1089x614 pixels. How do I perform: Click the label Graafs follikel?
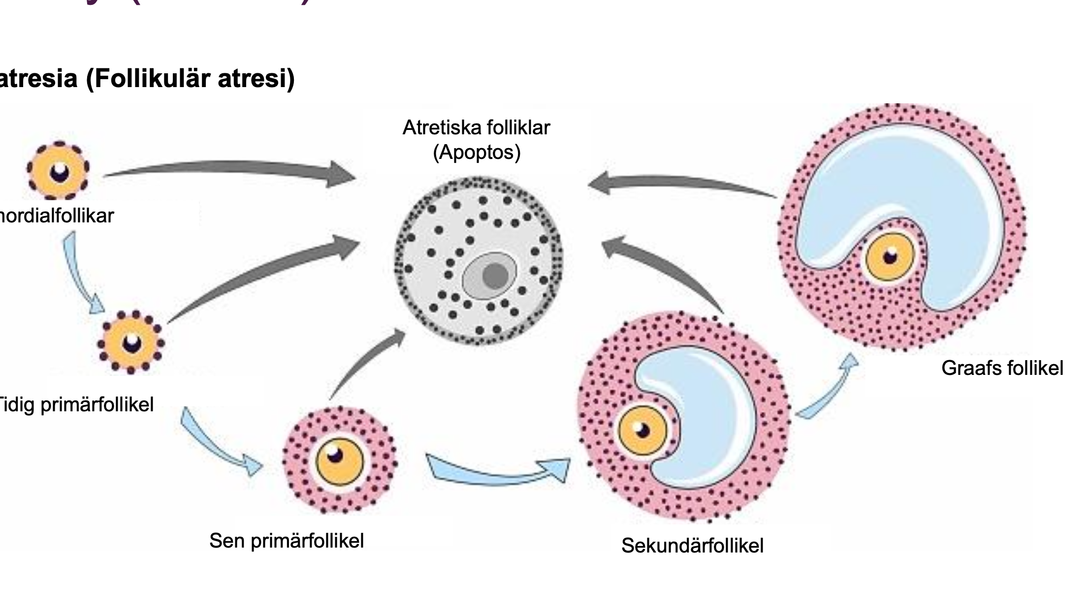point(1002,368)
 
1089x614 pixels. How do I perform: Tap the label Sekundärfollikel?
point(692,546)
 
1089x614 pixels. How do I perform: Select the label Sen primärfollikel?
point(287,541)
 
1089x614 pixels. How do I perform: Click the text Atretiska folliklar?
point(476,128)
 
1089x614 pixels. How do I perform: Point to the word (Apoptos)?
point(477,153)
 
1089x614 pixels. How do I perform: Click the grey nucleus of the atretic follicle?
point(495,276)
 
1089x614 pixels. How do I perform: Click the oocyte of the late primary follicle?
point(339,461)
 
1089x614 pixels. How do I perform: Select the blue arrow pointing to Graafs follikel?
point(830,389)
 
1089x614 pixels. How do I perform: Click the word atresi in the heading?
point(256,79)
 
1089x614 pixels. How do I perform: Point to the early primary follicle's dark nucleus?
point(131,343)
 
